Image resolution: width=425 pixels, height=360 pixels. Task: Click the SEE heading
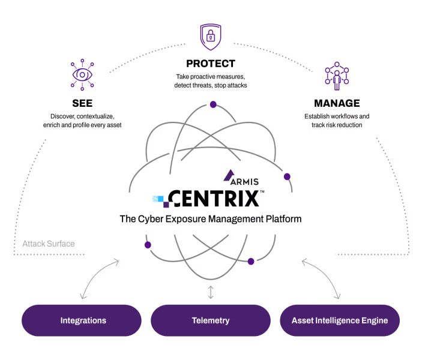(82, 103)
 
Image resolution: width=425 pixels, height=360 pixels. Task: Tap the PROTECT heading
(211, 64)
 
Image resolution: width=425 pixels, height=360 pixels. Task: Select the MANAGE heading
(337, 103)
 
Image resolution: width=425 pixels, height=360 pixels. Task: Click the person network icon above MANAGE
(337, 76)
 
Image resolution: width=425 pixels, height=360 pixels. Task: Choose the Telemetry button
(211, 320)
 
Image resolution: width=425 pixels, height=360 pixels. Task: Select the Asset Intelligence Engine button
(340, 320)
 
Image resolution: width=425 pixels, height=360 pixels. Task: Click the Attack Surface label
(49, 244)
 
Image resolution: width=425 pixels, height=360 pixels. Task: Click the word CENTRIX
(214, 199)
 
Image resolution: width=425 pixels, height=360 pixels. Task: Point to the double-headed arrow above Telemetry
(211, 292)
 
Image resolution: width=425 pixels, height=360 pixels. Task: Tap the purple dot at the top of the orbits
(213, 104)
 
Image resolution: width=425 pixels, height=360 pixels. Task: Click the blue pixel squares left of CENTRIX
(158, 199)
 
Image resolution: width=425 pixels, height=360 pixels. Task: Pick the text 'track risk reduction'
(337, 125)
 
